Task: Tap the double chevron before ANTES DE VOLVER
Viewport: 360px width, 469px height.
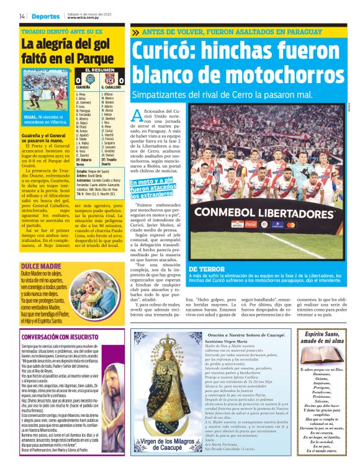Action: [136, 32]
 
